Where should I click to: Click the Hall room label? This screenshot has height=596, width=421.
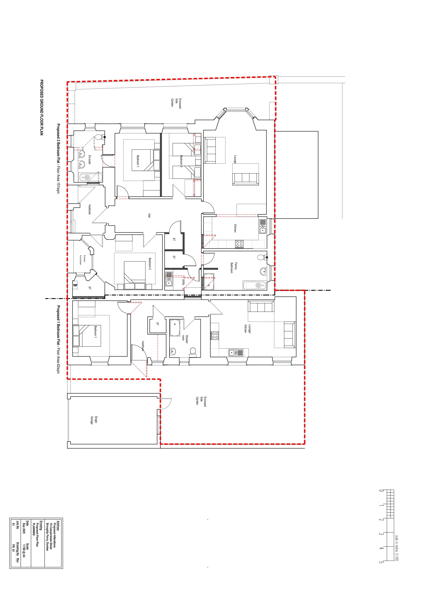pos(149,216)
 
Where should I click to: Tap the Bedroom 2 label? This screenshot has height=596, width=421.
pos(150,264)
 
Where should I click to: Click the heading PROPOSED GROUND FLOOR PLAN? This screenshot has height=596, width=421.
pos(41,108)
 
